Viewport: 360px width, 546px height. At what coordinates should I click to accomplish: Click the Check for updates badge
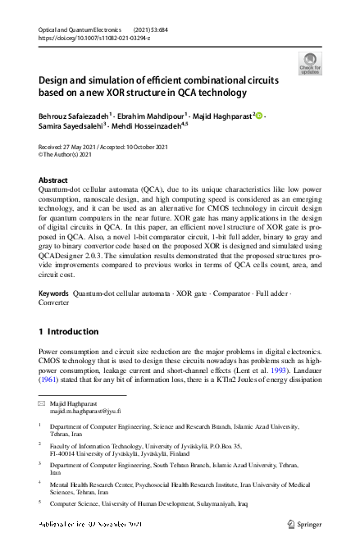(x=309, y=63)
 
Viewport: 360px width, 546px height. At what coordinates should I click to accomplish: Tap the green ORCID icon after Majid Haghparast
(x=259, y=116)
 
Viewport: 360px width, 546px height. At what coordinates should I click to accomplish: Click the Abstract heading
(x=54, y=180)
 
